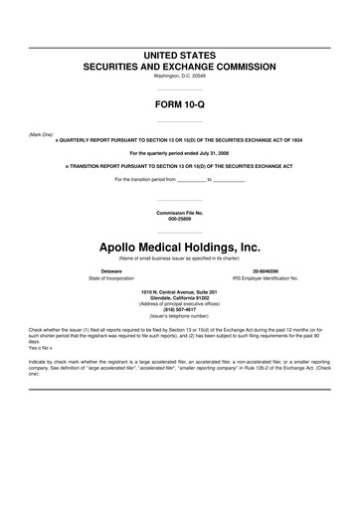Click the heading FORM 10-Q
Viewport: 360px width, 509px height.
180,101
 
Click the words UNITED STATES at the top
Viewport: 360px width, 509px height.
180,53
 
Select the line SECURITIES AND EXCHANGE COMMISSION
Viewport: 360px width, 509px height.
180,66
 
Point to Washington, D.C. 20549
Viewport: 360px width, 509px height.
180,77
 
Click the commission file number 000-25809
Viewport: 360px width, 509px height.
180,219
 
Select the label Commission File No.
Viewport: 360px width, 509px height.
180,213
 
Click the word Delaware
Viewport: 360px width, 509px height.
111,270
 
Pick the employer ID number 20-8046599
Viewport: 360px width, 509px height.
266,270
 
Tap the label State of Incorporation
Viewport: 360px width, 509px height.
111,278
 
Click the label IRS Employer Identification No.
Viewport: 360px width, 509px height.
266,278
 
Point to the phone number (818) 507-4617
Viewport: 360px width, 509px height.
180,307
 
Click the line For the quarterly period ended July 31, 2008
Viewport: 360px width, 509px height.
180,153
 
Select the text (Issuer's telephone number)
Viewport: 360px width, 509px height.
180,313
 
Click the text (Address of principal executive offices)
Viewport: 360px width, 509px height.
180,301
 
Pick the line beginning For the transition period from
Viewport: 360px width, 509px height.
180,179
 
